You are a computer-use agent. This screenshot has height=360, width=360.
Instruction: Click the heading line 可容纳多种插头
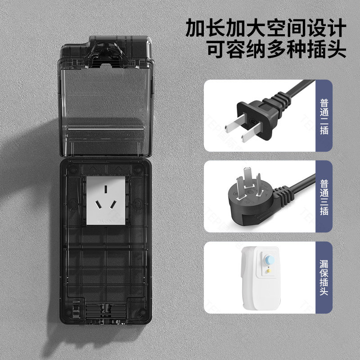[x=276, y=49]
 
